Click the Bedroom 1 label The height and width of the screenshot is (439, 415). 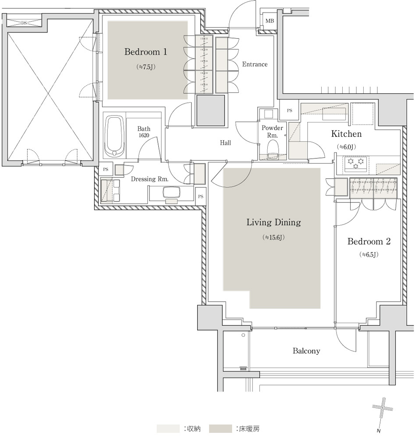[145, 52]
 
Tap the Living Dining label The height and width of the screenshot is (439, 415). [273, 222]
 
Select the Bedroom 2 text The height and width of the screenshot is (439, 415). [369, 241]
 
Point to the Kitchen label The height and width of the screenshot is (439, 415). [346, 134]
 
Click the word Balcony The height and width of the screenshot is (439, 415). [306, 351]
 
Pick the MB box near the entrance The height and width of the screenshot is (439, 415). [270, 21]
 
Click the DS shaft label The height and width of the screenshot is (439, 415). [24, 23]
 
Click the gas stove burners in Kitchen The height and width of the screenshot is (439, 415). [355, 163]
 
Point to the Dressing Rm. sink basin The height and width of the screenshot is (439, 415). [171, 193]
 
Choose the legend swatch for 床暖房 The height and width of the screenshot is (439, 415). [220, 428]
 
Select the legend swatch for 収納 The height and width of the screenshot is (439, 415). [168, 428]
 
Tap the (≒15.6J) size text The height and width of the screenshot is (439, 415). [273, 237]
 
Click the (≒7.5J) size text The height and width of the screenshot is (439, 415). [145, 67]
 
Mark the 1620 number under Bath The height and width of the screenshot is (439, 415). [144, 136]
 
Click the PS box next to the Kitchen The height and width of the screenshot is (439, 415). [290, 111]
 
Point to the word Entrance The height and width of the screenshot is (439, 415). [255, 65]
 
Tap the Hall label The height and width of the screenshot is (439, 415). [225, 143]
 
